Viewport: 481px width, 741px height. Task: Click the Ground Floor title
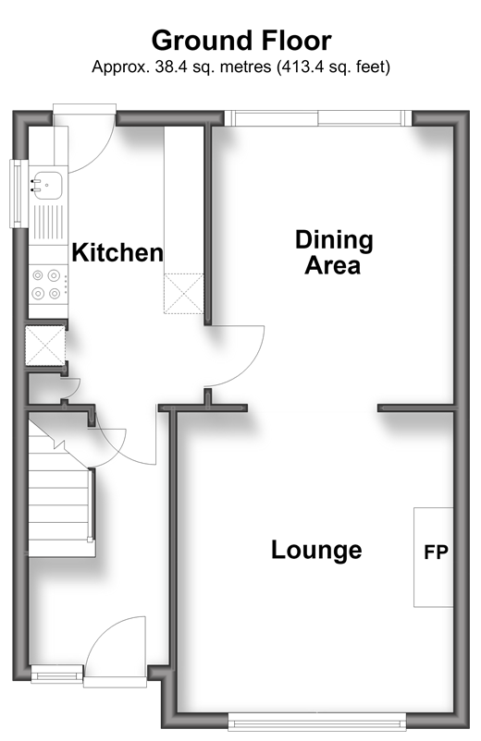[x=241, y=42]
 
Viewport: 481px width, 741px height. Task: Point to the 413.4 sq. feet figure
[x=334, y=67]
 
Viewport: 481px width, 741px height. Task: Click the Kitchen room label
[x=117, y=252]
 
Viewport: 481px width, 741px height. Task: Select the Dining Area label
[x=334, y=252]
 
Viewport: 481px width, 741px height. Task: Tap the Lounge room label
[x=316, y=550]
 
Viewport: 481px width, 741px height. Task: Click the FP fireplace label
[x=436, y=552]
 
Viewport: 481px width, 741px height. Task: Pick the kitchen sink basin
[x=47, y=185]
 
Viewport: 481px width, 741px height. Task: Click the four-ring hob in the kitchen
[x=46, y=284]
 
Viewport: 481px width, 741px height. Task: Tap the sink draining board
[x=48, y=222]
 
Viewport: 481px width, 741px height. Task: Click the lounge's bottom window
[x=317, y=723]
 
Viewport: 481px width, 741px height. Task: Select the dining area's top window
[x=318, y=118]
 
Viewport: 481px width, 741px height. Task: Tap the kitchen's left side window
[x=18, y=193]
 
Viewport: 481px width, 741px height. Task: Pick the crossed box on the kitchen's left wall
[x=45, y=346]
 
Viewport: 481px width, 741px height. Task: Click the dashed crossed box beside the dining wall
[x=183, y=294]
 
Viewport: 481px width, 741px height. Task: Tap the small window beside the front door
[x=56, y=673]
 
